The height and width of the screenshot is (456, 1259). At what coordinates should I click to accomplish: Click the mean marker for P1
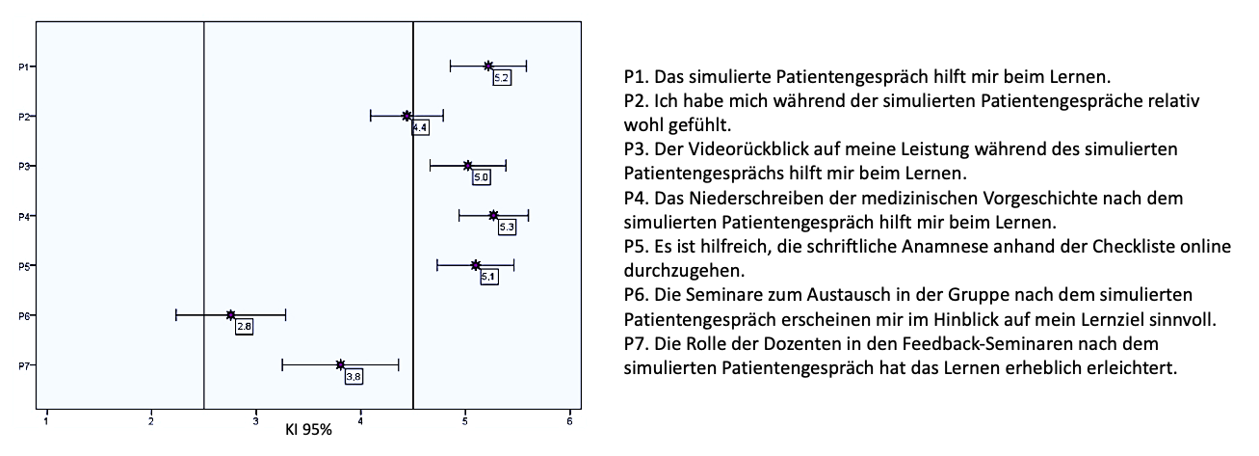point(488,66)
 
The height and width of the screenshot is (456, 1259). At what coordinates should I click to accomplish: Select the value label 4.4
point(420,127)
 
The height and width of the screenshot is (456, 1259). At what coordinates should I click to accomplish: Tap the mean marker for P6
point(231,314)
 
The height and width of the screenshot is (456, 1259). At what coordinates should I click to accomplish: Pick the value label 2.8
point(244,327)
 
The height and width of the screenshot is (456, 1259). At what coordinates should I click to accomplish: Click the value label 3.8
point(354,377)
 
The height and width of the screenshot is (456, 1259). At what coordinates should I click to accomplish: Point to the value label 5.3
point(507,227)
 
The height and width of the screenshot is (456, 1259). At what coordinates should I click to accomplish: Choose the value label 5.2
point(501,78)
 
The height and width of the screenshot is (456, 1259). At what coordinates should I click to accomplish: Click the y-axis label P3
point(22,166)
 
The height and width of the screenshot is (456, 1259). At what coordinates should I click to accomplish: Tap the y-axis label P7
point(22,364)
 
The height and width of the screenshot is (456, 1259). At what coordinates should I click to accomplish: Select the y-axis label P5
point(22,265)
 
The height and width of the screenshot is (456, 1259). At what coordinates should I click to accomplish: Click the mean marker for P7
point(340,364)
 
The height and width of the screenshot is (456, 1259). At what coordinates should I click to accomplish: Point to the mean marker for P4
point(493,215)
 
